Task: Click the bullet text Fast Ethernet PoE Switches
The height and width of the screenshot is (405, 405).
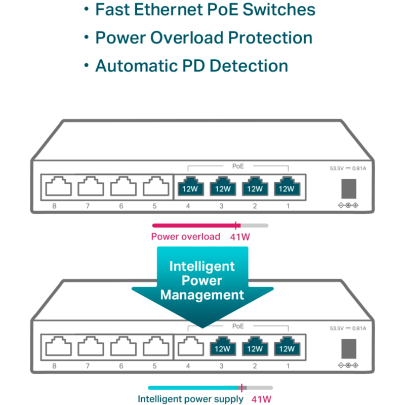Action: tap(205, 10)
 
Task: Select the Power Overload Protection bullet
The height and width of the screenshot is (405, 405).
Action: tap(204, 38)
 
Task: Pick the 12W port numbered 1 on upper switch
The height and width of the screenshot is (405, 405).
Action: tap(287, 187)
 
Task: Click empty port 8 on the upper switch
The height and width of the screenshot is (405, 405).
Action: tap(59, 187)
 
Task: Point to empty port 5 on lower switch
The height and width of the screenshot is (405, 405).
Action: tap(155, 347)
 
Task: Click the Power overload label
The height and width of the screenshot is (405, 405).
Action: tap(186, 236)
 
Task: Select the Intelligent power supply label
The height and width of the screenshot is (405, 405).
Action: tap(190, 399)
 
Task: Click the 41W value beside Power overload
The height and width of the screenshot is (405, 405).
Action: tap(240, 236)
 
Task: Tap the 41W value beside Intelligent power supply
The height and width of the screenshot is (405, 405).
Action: tap(261, 399)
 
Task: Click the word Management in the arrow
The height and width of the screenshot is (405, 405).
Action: tap(202, 295)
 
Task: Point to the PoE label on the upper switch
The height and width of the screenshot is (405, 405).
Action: tap(238, 166)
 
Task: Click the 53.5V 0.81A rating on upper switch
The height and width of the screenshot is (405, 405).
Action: tap(347, 169)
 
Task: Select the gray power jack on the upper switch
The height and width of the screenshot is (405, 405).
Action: tap(348, 188)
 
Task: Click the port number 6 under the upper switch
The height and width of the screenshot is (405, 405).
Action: tap(121, 206)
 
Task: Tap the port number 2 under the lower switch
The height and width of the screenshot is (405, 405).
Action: tap(254, 366)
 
